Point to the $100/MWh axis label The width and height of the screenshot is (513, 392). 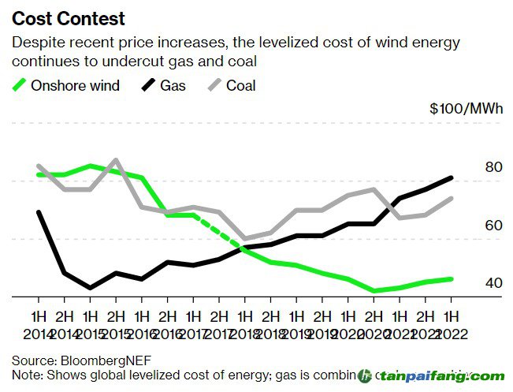coord(466,109)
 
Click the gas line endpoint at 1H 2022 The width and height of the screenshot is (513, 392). coord(451,177)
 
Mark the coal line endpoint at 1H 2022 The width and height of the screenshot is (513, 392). coord(451,198)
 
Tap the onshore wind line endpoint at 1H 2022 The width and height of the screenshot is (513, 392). coord(451,278)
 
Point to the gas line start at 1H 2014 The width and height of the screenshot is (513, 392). coord(39,212)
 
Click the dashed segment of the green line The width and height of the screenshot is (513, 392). coord(220,233)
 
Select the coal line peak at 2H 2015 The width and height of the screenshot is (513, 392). coord(116,160)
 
